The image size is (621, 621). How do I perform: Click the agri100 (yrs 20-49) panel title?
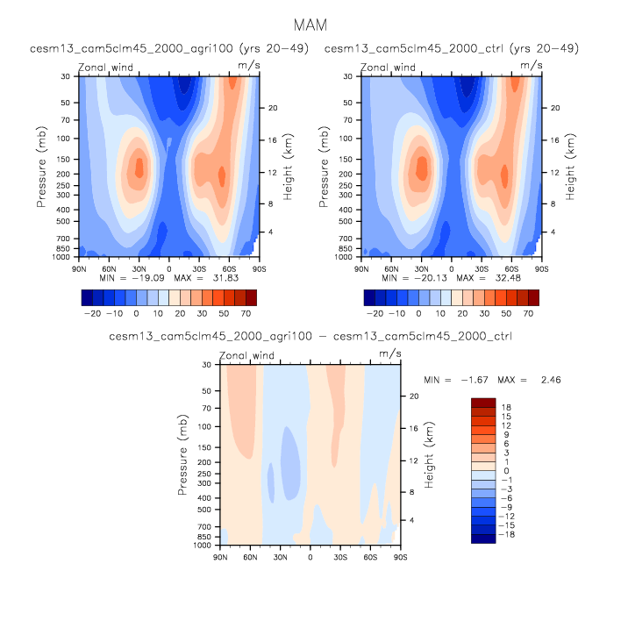point(168,47)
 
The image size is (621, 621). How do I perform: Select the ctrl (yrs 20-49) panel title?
point(452,47)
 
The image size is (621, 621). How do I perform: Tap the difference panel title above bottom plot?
point(310,336)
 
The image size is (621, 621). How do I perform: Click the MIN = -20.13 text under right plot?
point(410,277)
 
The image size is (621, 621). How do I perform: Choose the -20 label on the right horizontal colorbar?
point(377,312)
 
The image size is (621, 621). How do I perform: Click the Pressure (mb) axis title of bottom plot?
point(183,454)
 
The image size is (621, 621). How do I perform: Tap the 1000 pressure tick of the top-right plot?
point(348,257)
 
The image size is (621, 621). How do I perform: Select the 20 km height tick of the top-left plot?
point(272,108)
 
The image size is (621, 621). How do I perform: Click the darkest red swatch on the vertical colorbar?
point(483,403)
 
